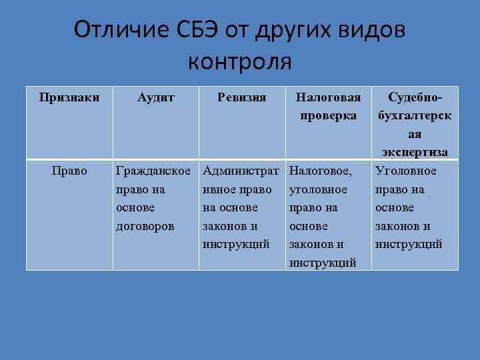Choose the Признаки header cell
coord(69,97)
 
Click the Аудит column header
coord(156,97)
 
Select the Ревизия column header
coord(242,97)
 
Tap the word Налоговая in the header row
coord(328,97)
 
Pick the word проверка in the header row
coord(328,115)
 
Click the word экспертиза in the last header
coord(415,152)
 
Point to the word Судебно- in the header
coord(415,97)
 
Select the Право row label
coord(69,171)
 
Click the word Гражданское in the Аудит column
coord(156,171)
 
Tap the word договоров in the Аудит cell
coord(145,225)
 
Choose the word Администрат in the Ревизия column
coord(242,171)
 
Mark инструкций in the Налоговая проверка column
coord(323,262)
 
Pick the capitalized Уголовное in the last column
coord(406,171)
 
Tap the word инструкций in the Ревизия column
coord(237,244)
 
